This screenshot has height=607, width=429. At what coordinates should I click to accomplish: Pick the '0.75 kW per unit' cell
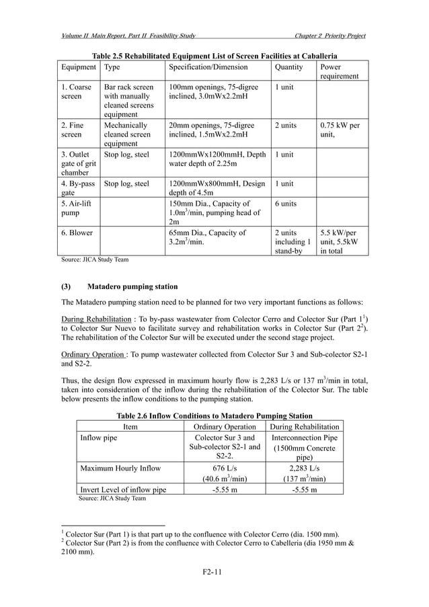(340, 130)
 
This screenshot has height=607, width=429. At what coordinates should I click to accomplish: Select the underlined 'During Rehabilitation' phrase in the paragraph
(91, 318)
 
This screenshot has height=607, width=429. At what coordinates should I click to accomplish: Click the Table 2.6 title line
(214, 415)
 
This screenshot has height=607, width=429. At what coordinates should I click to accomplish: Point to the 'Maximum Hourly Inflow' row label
(121, 467)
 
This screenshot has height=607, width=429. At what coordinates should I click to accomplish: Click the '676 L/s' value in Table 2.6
(225, 467)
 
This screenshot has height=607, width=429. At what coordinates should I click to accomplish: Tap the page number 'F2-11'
(213, 571)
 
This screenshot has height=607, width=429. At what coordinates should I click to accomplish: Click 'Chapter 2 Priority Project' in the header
(325, 35)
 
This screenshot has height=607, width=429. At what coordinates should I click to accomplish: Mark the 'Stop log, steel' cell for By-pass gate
(127, 184)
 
